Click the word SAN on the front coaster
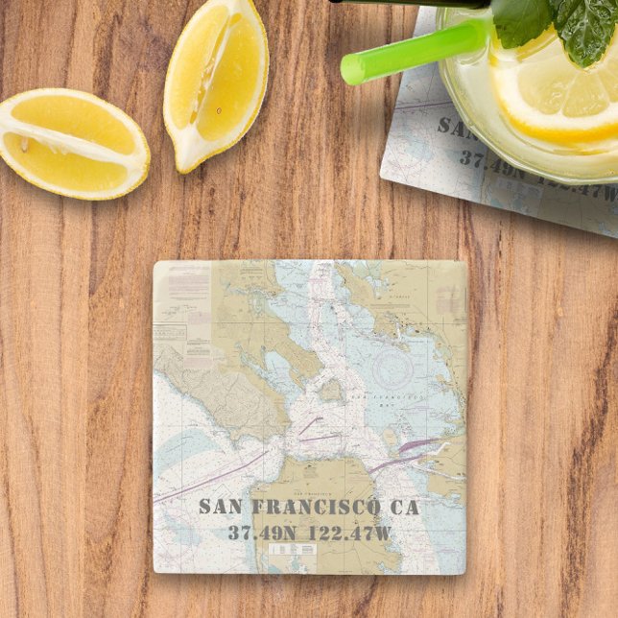222,508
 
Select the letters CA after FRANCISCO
407,508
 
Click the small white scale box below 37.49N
292,550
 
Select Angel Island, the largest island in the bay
331,390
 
